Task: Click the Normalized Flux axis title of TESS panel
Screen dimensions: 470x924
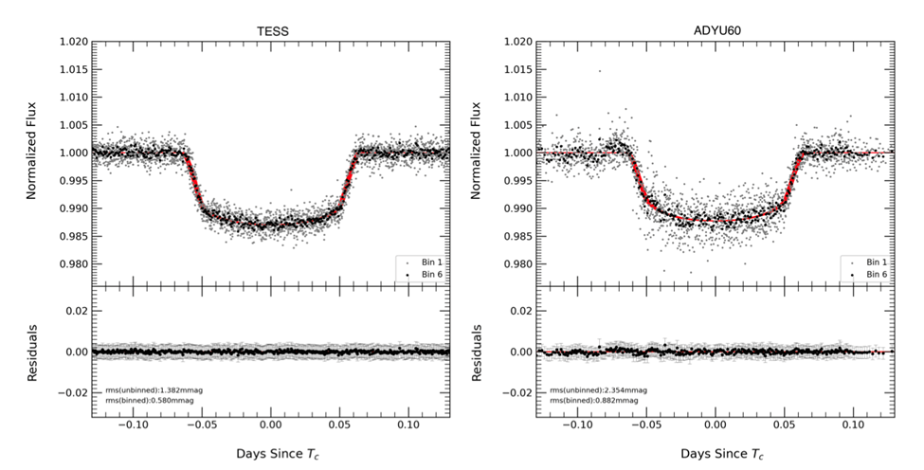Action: point(32,152)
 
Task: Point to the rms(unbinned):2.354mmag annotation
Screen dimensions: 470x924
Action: point(589,389)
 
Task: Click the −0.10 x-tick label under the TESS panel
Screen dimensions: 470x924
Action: point(132,425)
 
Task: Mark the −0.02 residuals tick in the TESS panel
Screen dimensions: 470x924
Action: point(75,391)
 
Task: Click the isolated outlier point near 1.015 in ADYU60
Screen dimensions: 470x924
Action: point(599,70)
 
